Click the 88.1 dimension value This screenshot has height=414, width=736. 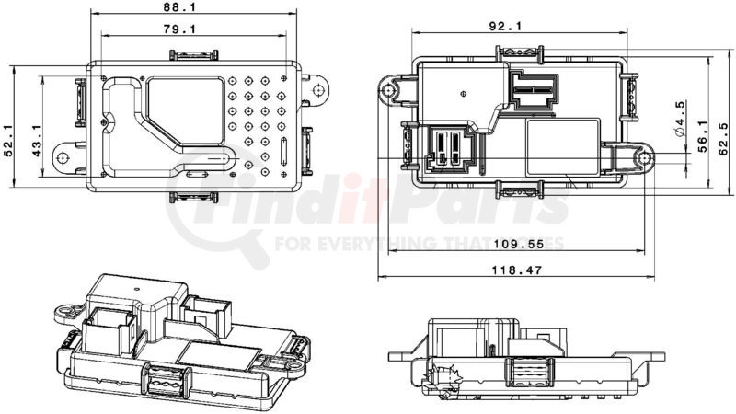(179, 6)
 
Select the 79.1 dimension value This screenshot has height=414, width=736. (179, 29)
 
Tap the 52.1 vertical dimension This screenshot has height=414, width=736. (8, 141)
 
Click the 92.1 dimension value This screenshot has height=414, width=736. (505, 27)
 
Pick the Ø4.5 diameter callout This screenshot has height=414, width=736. (680, 119)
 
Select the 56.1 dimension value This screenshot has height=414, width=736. (702, 136)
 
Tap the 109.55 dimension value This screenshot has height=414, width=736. (519, 244)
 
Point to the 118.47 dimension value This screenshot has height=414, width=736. (516, 270)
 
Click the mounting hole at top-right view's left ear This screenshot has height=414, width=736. (387, 90)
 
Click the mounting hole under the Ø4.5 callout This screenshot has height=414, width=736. (643, 159)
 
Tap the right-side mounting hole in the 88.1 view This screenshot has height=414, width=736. (317, 89)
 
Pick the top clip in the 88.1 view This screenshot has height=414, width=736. (193, 54)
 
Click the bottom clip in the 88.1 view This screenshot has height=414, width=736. (193, 197)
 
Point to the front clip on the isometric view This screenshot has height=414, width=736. (167, 381)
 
